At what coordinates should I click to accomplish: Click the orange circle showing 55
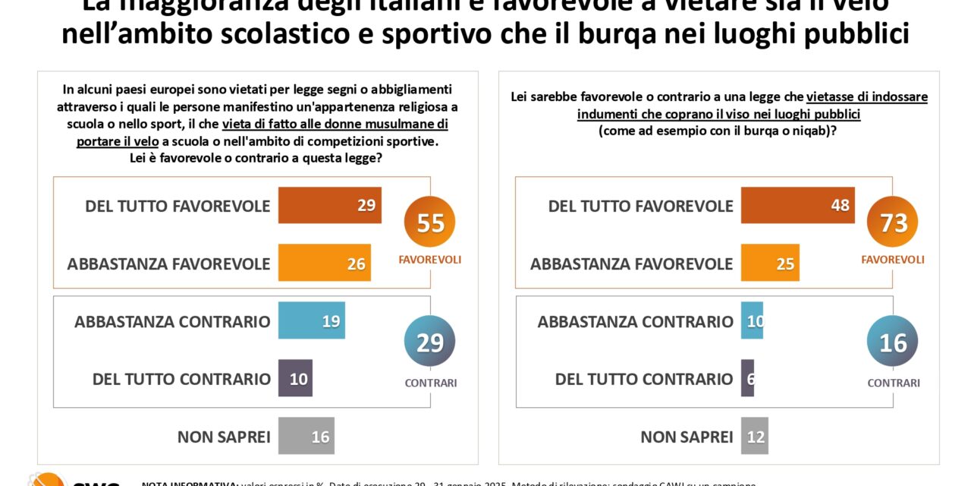click(430, 222)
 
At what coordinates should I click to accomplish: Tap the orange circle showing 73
click(893, 222)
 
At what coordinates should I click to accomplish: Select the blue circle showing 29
click(430, 342)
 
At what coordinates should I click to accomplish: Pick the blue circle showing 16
click(893, 342)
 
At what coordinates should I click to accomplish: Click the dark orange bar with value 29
click(329, 205)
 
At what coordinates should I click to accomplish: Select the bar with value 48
click(797, 205)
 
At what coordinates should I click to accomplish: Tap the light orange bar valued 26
click(324, 263)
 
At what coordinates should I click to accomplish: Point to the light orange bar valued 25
click(770, 263)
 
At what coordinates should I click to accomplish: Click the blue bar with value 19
click(311, 320)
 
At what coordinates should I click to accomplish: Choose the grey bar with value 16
click(306, 436)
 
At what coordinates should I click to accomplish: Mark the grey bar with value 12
click(754, 436)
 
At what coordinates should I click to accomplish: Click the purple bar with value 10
click(295, 378)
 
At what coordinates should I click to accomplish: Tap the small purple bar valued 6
click(747, 378)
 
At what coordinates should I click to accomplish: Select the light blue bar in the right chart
click(752, 320)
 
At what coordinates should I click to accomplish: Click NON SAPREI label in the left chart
click(224, 437)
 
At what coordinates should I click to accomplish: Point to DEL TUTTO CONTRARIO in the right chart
click(644, 379)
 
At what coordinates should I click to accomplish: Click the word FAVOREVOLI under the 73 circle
click(893, 260)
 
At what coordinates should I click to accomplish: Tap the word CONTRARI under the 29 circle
click(431, 383)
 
